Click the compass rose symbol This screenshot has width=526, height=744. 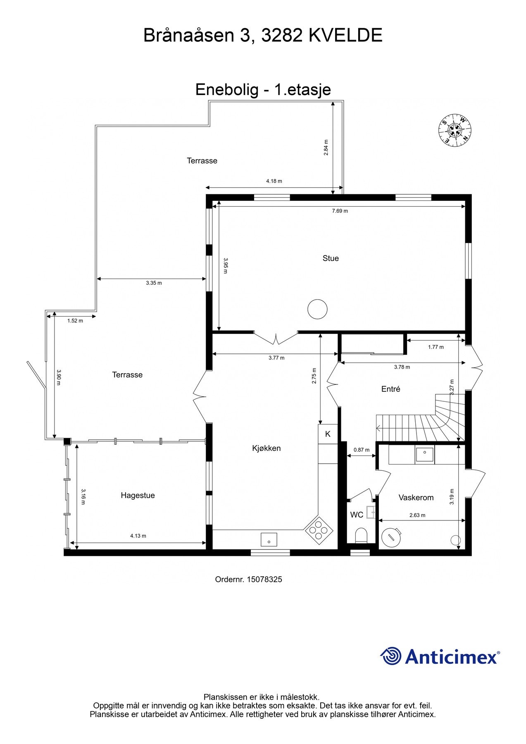point(455,131)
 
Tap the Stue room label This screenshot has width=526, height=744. point(331,258)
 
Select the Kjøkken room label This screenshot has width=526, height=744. point(267,448)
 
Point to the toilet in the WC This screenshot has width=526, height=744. point(361,536)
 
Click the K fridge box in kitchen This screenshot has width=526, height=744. point(328,434)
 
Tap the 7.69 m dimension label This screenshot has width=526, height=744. point(340,211)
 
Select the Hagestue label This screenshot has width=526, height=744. point(138,495)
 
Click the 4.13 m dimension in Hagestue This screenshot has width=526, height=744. point(138,536)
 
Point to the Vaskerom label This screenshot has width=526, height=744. point(416,498)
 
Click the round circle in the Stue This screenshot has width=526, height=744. point(317,309)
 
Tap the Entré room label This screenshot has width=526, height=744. point(390,389)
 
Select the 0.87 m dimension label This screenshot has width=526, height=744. point(362,450)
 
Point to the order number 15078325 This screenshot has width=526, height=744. point(264,579)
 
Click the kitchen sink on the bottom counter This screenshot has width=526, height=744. point(269,540)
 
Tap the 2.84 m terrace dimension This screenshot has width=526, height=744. point(326,147)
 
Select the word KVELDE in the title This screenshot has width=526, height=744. point(345,36)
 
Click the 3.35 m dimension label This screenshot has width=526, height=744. point(154,283)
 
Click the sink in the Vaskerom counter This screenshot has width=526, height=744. point(424,454)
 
